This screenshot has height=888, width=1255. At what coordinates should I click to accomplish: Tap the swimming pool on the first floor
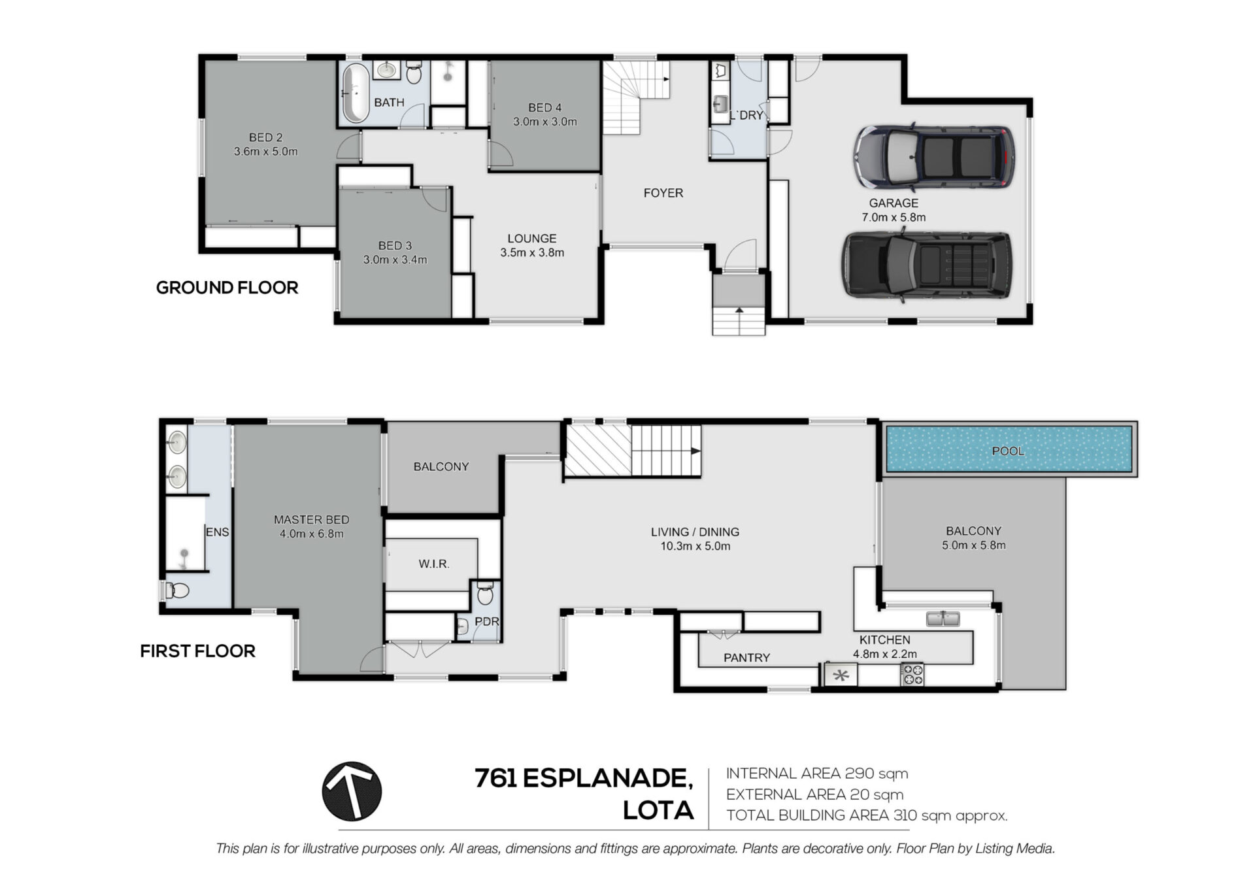[x=1009, y=449]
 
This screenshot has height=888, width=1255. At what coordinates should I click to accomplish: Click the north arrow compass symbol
[x=352, y=791]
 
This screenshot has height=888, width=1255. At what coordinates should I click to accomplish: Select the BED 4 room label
[x=544, y=107]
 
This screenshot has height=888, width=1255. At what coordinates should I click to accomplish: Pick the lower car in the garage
[x=927, y=265]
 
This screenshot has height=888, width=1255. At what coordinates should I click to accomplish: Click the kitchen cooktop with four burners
[x=912, y=674]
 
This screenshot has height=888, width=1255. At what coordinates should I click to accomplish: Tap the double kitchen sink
[x=943, y=618]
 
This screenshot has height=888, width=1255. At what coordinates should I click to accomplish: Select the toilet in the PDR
[x=484, y=594]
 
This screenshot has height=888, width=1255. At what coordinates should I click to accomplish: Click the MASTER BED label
[x=311, y=520]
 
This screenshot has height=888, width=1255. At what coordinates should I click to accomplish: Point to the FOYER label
[x=663, y=193]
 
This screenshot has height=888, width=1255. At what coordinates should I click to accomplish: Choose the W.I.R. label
[x=434, y=564]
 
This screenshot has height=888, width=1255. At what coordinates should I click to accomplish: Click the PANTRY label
[x=746, y=658]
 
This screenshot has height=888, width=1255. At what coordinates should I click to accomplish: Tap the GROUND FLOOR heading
[x=227, y=288]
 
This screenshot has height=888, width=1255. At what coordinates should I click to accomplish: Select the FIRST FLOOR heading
[x=197, y=651]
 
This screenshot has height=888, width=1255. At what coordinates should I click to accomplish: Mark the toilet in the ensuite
[x=175, y=591]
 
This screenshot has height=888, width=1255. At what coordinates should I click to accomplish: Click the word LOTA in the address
[x=658, y=811]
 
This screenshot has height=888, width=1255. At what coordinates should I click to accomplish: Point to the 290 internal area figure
[x=859, y=774]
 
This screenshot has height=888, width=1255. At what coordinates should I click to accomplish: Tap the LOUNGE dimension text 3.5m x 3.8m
[x=532, y=252]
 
